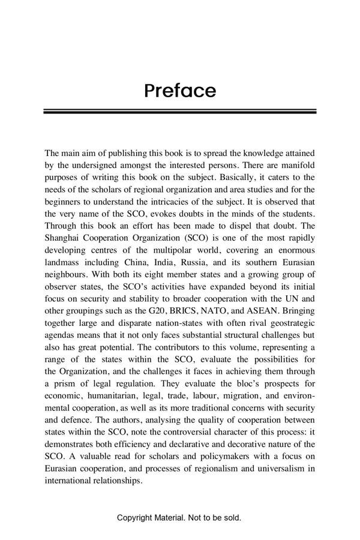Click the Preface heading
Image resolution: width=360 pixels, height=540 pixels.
(179, 91)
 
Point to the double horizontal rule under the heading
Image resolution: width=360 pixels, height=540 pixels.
(179, 112)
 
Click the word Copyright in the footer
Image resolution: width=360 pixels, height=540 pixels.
(136, 517)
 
